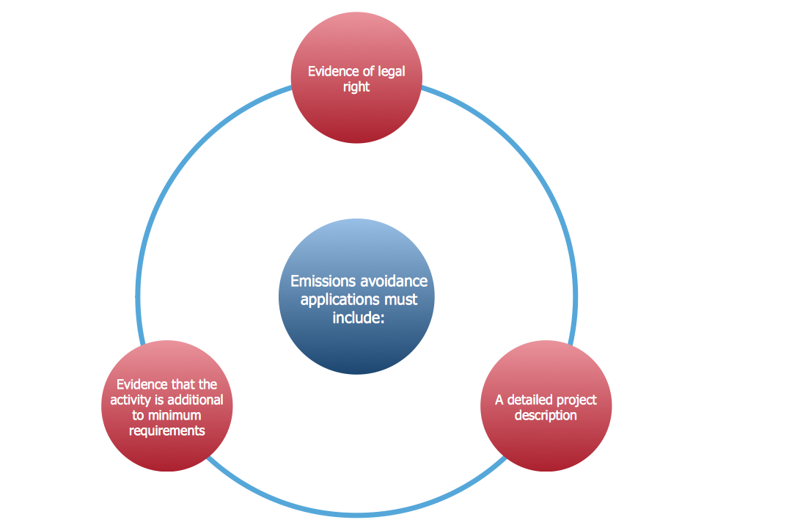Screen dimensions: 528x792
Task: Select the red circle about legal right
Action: pyautogui.click(x=356, y=117)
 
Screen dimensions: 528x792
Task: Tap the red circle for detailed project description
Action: pyautogui.click(x=546, y=440)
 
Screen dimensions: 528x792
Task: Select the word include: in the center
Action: pyautogui.click(x=357, y=318)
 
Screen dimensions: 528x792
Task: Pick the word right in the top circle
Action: pyautogui.click(x=356, y=87)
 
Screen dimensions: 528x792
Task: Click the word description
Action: pyautogui.click(x=546, y=416)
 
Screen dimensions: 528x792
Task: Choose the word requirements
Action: pyautogui.click(x=166, y=431)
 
